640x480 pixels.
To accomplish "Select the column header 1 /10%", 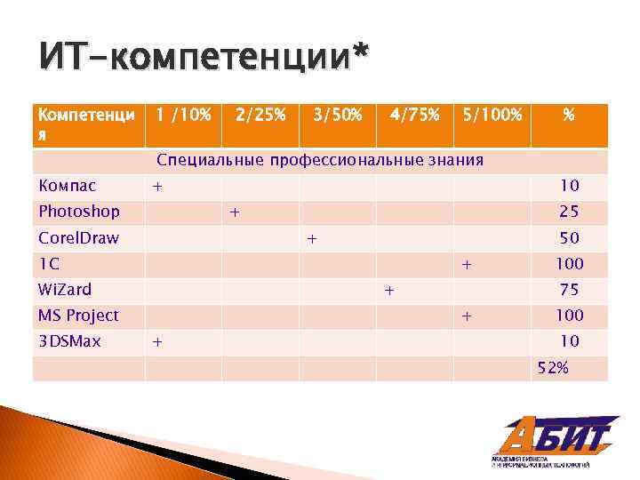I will pos(183,115).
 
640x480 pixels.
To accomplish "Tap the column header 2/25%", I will pos(260,115).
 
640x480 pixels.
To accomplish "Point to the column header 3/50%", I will pos(337,115).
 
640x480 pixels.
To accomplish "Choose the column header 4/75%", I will pos(413,115).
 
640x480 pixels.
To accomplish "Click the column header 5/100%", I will pos(490,115).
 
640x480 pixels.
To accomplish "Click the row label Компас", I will pos(67,186).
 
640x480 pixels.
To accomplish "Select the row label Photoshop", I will pos(79,212).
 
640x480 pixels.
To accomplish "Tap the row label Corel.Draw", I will pos(79,238).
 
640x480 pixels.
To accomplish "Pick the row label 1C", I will pos(49,264).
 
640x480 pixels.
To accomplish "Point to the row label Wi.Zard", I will pos(65,290).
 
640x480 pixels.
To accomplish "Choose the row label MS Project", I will pos(78,316).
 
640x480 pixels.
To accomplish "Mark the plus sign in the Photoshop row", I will pos(235,212).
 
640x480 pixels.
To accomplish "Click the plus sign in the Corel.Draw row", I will pos(312,238).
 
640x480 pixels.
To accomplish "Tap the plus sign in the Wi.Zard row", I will pos(388,290).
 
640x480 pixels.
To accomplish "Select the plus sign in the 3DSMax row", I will pos(157,341).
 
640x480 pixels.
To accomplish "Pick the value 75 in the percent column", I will pos(569,290).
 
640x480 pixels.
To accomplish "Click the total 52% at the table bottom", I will pos(553,367).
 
